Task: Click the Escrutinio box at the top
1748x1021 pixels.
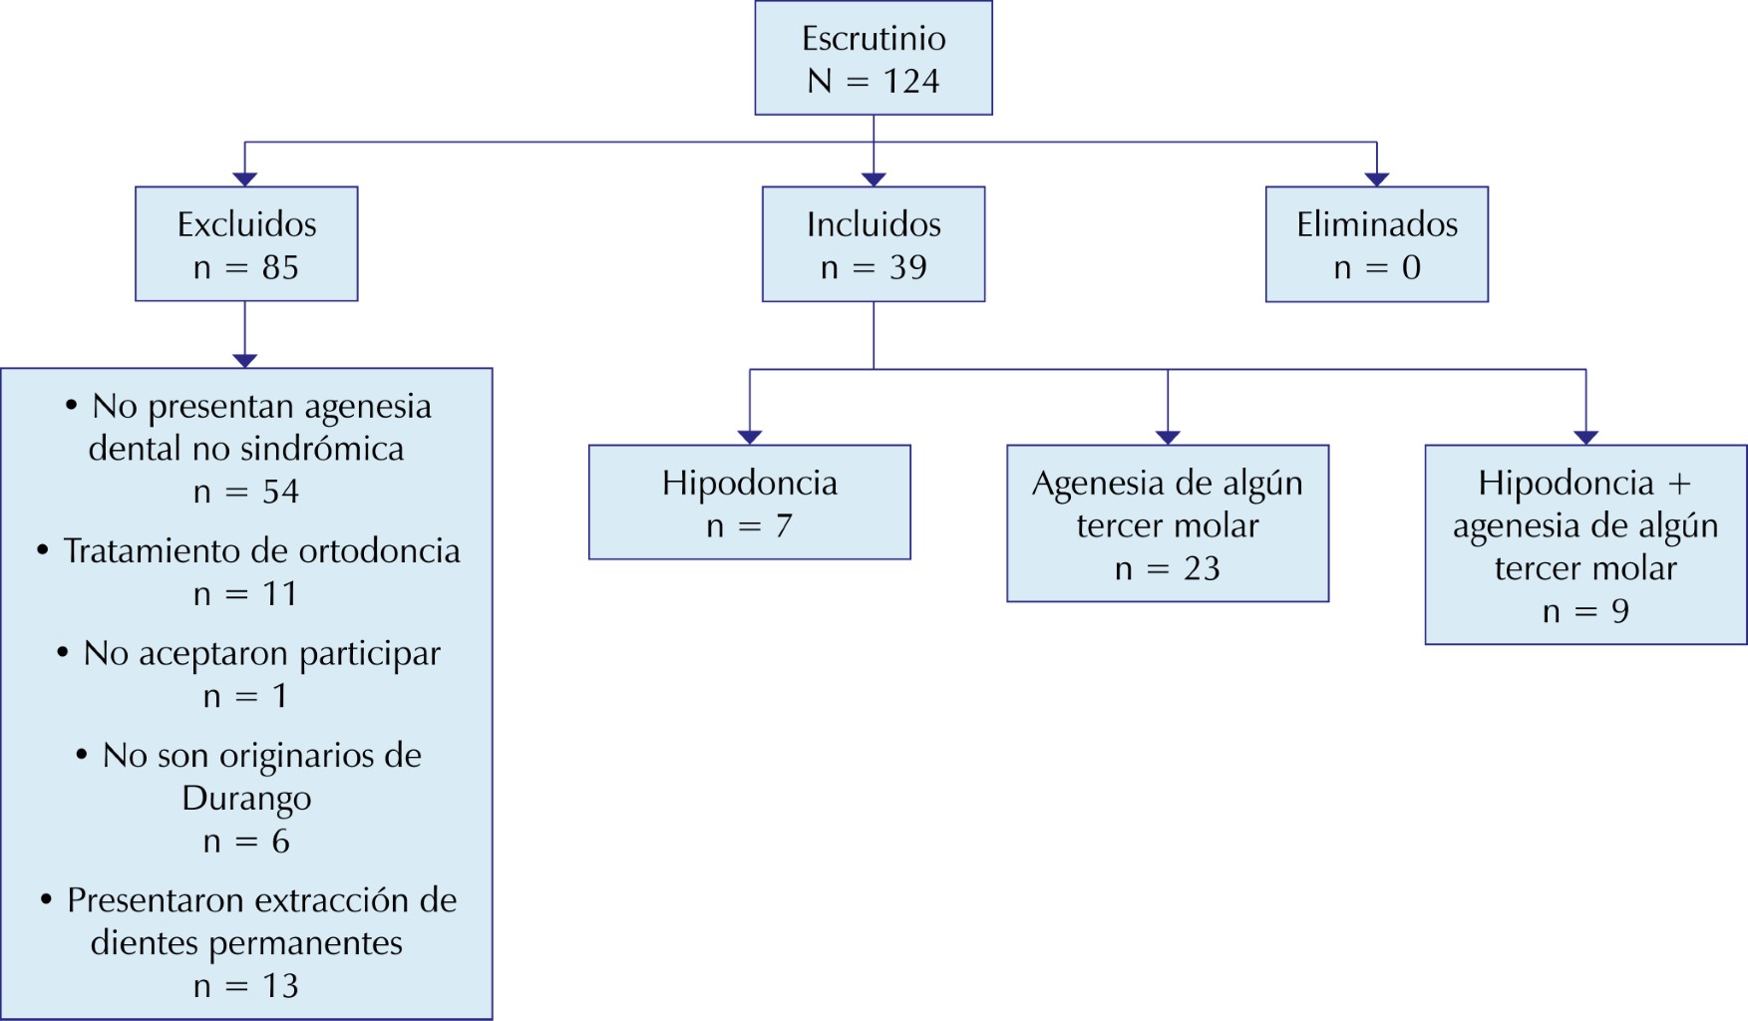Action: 874,58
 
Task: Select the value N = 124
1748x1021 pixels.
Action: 874,81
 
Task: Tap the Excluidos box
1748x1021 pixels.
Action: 246,244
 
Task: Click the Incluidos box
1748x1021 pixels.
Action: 874,244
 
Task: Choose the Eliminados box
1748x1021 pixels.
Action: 1377,244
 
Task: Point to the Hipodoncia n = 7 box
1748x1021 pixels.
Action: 750,503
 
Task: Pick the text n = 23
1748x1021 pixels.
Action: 1168,568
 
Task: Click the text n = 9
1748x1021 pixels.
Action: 1585,611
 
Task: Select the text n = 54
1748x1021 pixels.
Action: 246,492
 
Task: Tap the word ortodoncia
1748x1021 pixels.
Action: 380,551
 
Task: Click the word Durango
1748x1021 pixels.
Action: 246,799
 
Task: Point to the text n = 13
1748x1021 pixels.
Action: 246,986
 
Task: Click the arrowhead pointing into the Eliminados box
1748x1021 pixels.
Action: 1377,179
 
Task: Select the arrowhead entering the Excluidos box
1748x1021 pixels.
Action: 245,179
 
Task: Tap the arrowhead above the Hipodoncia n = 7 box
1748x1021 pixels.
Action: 750,437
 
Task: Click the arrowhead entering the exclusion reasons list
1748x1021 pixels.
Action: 245,360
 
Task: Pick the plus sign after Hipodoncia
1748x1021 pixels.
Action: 1679,484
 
